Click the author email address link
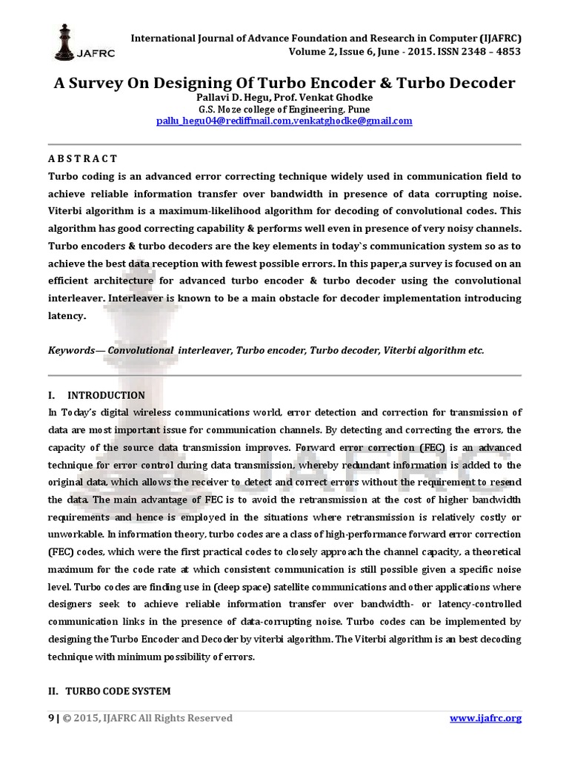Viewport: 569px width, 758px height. click(284, 121)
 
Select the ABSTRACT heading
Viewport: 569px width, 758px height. click(82, 158)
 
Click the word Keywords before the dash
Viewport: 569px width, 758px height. click(70, 350)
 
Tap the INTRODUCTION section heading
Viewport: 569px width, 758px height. click(105, 395)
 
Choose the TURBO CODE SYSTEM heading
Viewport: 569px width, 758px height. click(118, 691)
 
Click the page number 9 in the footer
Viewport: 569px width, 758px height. click(51, 718)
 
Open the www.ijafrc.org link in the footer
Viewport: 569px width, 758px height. click(485, 718)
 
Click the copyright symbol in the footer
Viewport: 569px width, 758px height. click(67, 718)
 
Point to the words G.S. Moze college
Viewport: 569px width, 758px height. click(229, 109)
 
